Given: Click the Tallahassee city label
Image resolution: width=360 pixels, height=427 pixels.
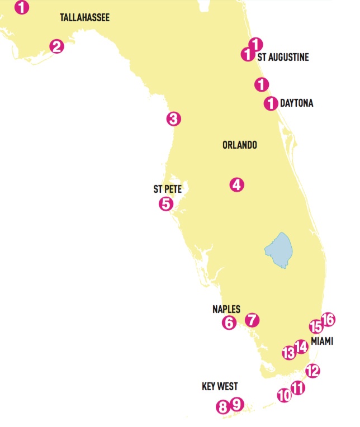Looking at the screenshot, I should pyautogui.click(x=84, y=18).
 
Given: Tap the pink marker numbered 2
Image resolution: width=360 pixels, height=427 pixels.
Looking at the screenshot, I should pyautogui.click(x=56, y=46).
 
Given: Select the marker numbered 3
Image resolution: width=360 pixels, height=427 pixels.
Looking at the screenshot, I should pyautogui.click(x=173, y=118).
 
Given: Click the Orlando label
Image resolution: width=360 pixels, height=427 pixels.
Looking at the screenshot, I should pyautogui.click(x=239, y=145).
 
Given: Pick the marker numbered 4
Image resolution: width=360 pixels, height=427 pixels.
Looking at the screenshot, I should pyautogui.click(x=236, y=184).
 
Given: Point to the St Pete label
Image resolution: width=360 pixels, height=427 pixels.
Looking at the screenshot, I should pyautogui.click(x=168, y=189).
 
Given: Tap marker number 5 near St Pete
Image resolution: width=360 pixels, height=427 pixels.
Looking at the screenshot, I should pyautogui.click(x=165, y=203).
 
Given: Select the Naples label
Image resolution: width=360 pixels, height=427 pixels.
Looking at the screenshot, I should pyautogui.click(x=226, y=309).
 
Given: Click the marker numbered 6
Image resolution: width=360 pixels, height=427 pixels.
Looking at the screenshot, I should pyautogui.click(x=229, y=322).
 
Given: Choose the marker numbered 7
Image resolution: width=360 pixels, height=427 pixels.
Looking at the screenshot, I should pyautogui.click(x=252, y=320).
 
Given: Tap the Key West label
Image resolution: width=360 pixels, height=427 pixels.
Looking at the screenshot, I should pyautogui.click(x=220, y=386).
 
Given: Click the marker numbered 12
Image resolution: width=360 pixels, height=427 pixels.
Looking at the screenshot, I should pyautogui.click(x=312, y=370).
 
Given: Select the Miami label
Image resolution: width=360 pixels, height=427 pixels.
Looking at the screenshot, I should pyautogui.click(x=321, y=341).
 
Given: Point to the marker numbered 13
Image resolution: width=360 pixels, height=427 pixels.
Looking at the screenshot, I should pyautogui.click(x=288, y=353).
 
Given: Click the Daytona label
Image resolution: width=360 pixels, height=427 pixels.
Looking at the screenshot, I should pyautogui.click(x=296, y=103).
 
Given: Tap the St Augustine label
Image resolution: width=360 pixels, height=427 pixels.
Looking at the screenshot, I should pyautogui.click(x=283, y=58).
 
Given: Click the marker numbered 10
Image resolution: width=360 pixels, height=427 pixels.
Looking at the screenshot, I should pyautogui.click(x=284, y=395).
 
